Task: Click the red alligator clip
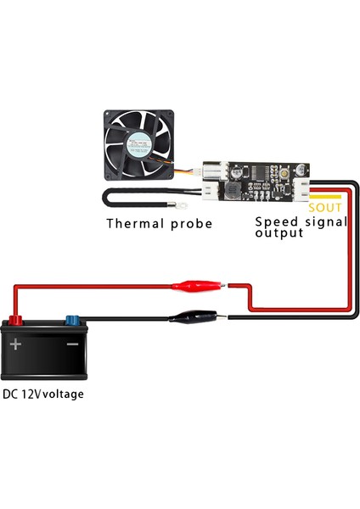[196, 286]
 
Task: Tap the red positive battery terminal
[14, 321]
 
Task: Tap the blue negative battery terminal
[71, 321]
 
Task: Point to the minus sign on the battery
[72, 344]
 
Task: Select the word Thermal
[136, 224]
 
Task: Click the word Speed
[275, 221]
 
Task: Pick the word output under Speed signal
[279, 232]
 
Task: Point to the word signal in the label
[323, 221]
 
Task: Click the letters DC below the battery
[11, 394]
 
